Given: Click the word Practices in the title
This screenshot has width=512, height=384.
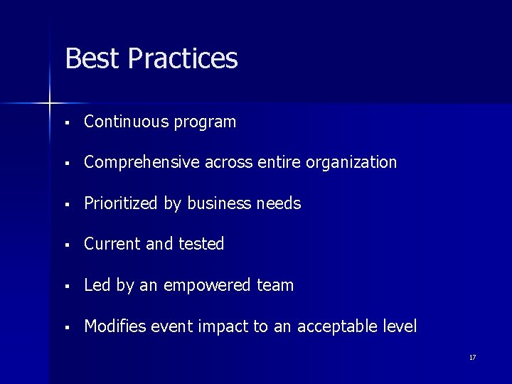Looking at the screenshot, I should point(183,58).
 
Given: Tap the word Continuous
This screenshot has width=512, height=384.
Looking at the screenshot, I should point(124,122).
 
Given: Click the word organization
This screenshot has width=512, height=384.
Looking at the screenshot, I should point(351,163).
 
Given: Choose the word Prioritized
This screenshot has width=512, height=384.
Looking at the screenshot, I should point(122,203).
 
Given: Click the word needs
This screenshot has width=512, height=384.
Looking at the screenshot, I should point(279,203).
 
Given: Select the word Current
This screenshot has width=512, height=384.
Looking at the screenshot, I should point(112,244).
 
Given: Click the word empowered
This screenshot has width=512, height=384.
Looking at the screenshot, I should point(207,286).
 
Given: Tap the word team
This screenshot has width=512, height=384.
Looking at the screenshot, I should point(276,285).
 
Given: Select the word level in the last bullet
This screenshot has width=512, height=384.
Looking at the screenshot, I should point(400,326).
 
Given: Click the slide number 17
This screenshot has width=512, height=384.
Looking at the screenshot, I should point(472,357).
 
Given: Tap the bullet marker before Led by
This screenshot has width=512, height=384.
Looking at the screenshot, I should point(65,287).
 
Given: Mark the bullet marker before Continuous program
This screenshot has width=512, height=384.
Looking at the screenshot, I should point(65,123).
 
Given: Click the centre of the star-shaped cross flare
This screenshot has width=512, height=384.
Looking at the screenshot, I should point(50,104).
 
